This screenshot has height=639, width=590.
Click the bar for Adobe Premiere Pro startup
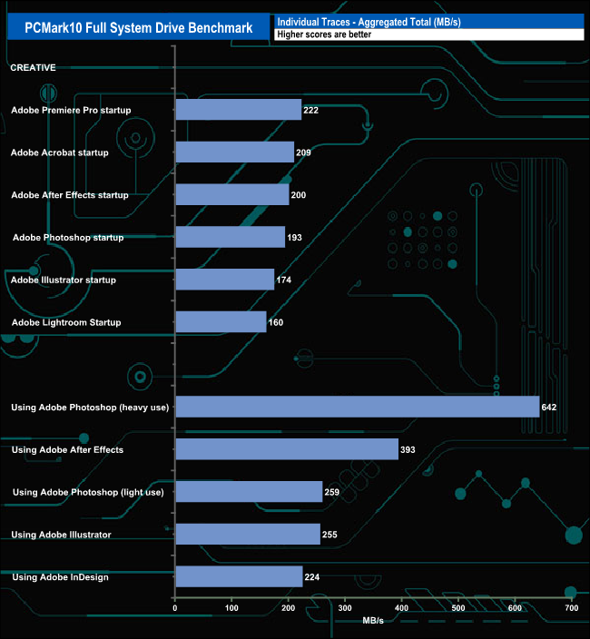point(238,110)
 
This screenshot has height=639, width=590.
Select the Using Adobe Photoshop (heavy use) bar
point(357,407)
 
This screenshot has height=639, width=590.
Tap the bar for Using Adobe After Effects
point(287,449)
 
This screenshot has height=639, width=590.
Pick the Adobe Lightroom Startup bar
point(221,322)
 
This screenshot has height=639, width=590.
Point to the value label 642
point(548,408)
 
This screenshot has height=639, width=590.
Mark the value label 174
point(284,280)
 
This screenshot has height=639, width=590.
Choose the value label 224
point(312,577)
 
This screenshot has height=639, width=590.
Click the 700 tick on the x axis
point(571,608)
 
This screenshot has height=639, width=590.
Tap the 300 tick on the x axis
point(345,608)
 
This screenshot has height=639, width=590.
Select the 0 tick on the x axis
point(175,608)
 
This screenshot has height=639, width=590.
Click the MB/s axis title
point(373,620)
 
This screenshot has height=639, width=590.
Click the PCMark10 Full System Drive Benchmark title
point(139,28)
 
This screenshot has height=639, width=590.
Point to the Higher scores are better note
point(324,34)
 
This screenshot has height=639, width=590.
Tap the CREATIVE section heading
point(33,67)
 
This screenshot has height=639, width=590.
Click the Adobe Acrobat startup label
point(73,152)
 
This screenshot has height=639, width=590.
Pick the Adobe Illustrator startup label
point(76,280)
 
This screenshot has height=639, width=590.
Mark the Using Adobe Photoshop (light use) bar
point(249,492)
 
